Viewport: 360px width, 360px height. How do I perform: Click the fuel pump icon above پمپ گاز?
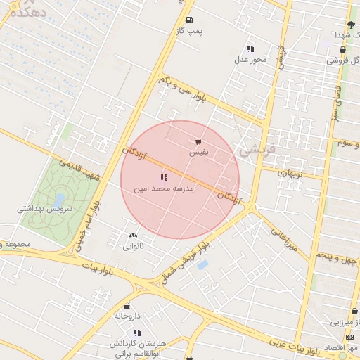[189, 20]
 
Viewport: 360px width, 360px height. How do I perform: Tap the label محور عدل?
[251, 59]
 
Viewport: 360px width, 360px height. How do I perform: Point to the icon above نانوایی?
[133, 235]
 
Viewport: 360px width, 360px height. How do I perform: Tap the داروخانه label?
[128, 316]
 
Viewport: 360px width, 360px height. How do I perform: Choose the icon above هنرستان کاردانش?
[138, 332]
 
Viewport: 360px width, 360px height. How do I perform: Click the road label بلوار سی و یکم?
[183, 91]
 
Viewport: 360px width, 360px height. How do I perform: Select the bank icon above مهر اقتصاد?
[351, 336]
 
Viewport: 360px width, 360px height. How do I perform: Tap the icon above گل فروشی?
[342, 50]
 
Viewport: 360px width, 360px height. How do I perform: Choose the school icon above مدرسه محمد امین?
[164, 177]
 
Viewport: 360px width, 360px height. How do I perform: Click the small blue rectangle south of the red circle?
[203, 265]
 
